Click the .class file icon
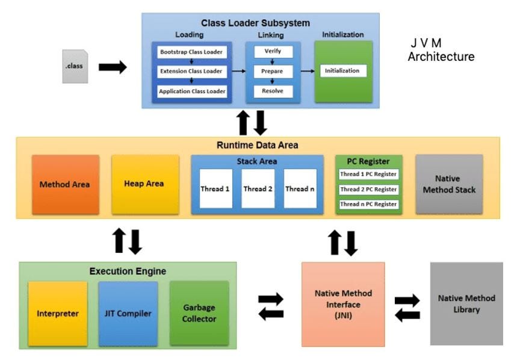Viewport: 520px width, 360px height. (x=76, y=66)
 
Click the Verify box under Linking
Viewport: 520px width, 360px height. (x=272, y=52)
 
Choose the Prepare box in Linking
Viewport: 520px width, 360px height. (x=272, y=71)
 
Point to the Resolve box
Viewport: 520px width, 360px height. (x=272, y=92)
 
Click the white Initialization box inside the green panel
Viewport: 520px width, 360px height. (x=342, y=70)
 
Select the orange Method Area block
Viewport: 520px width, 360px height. (x=65, y=184)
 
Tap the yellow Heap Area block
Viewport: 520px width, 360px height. (x=144, y=184)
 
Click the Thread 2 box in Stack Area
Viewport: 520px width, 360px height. (x=258, y=188)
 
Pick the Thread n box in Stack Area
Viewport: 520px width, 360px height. (x=300, y=188)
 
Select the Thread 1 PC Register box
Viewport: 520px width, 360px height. (x=368, y=175)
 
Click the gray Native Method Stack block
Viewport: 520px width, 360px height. (x=448, y=184)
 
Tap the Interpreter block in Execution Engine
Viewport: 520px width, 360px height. (x=57, y=313)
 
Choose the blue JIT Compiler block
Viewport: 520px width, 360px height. (x=128, y=313)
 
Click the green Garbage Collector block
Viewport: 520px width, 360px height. (x=199, y=313)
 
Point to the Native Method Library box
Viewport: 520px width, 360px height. (x=466, y=303)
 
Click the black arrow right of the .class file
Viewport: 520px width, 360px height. (x=113, y=67)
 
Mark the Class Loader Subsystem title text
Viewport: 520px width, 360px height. (x=255, y=23)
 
